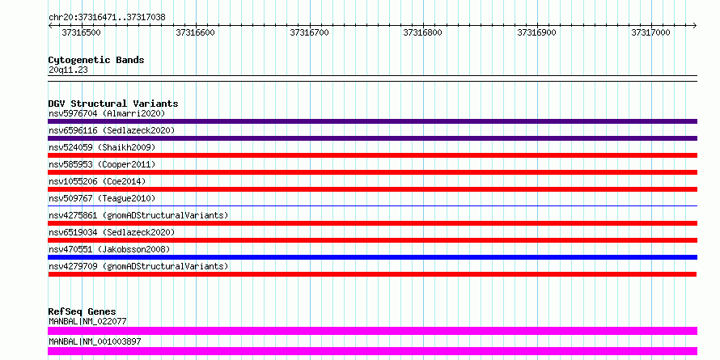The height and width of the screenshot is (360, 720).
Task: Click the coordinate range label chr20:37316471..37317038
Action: point(107,18)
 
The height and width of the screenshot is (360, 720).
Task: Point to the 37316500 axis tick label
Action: point(81,32)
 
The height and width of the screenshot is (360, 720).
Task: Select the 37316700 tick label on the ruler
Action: point(309,32)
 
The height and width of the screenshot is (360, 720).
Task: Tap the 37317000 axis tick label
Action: point(650,32)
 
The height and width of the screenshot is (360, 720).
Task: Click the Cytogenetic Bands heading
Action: point(96,60)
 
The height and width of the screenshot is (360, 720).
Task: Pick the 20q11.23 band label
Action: point(68,70)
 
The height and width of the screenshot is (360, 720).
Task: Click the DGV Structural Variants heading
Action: point(113,104)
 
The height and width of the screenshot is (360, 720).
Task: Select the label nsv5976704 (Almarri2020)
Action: point(107,113)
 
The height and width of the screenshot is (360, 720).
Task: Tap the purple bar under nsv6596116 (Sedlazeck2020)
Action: point(372,138)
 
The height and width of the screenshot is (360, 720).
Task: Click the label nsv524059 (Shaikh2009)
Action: point(102,147)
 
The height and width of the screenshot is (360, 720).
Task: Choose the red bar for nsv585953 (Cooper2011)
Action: point(372,172)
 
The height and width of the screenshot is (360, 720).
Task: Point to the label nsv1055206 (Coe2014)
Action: point(97,181)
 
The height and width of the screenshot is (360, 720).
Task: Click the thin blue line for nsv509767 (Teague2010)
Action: point(372,205)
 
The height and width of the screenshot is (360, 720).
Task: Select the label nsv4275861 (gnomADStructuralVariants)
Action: point(138,215)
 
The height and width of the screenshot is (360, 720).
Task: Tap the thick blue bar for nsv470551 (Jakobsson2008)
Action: point(372,257)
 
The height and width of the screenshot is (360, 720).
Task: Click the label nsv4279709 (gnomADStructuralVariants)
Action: point(138,266)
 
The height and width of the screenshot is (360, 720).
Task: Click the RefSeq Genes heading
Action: point(83,311)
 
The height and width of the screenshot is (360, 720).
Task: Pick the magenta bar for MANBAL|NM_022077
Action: point(372,331)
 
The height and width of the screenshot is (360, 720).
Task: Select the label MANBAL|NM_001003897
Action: point(95,341)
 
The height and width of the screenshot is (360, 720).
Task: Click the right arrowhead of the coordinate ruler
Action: point(695,25)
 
